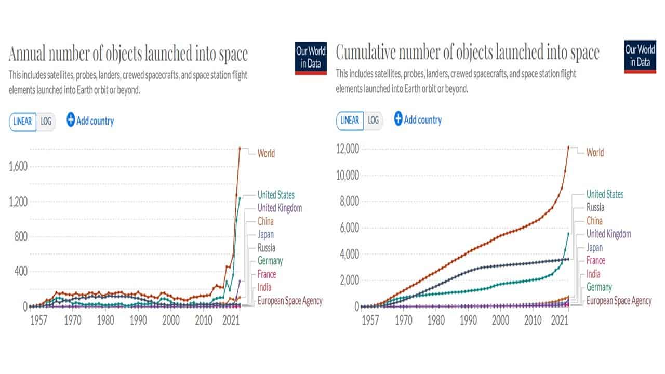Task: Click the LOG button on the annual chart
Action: (x=46, y=122)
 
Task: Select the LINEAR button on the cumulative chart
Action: (x=350, y=121)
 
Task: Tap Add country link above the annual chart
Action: (x=90, y=121)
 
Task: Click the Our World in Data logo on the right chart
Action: (x=640, y=57)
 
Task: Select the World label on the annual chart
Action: (x=266, y=153)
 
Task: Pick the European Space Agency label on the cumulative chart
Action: (x=619, y=300)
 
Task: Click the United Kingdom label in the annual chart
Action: (x=280, y=208)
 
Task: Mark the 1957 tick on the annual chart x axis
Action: (x=39, y=318)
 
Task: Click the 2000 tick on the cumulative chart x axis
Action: (x=500, y=318)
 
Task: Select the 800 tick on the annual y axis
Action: (x=21, y=236)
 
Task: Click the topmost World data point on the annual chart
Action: (x=240, y=148)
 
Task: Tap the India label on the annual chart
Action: (x=264, y=287)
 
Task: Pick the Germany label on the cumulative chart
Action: (x=599, y=287)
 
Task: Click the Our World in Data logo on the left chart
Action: (x=311, y=57)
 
